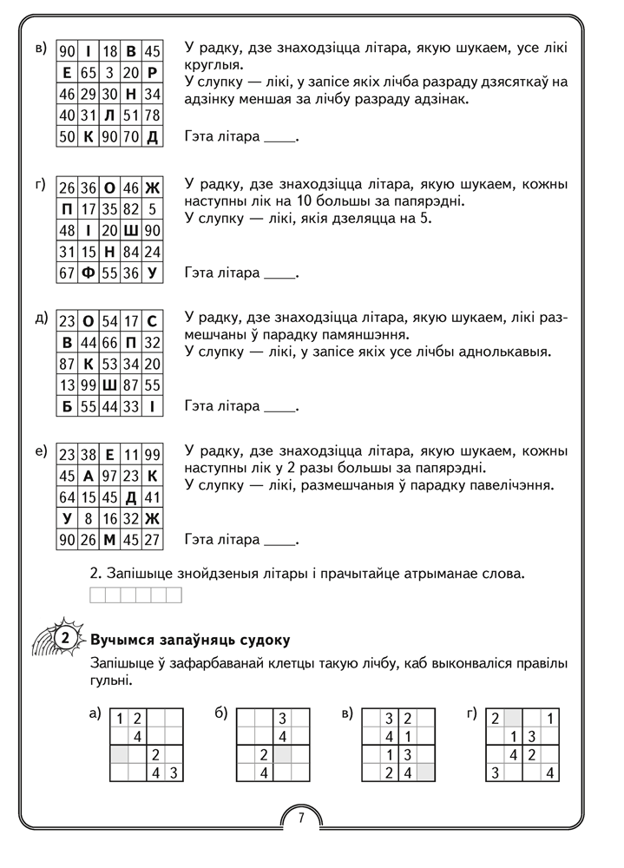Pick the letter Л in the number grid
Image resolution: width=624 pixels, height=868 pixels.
tap(109, 115)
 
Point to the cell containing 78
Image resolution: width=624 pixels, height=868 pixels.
tap(152, 115)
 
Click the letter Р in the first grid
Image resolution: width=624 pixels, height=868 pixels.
tap(152, 73)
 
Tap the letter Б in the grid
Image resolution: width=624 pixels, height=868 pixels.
tap(68, 405)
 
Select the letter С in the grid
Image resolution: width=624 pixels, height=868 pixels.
tap(152, 321)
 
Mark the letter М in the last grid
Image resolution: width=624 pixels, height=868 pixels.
tap(109, 540)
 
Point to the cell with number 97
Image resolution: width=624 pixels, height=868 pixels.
tap(109, 476)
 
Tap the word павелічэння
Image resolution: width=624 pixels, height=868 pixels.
tap(510, 484)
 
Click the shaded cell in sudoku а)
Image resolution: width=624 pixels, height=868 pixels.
tap(118, 754)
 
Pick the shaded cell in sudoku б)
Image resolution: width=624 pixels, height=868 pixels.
tap(299, 754)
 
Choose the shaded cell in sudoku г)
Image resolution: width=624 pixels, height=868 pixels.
tap(514, 719)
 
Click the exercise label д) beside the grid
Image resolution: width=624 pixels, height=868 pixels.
tap(41, 318)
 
